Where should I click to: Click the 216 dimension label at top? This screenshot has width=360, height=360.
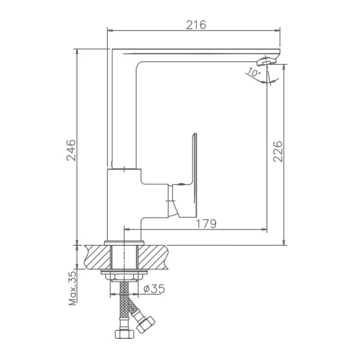196,25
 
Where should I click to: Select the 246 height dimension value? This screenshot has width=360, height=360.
70,149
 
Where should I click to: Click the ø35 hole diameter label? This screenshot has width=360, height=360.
154,289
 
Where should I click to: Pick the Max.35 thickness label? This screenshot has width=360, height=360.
73,289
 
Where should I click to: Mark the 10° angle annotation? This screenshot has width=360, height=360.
252,73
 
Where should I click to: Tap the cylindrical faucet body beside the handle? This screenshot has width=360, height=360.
123,204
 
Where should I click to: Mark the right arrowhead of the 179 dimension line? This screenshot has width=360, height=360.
265,229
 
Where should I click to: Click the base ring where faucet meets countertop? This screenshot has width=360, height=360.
124,242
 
